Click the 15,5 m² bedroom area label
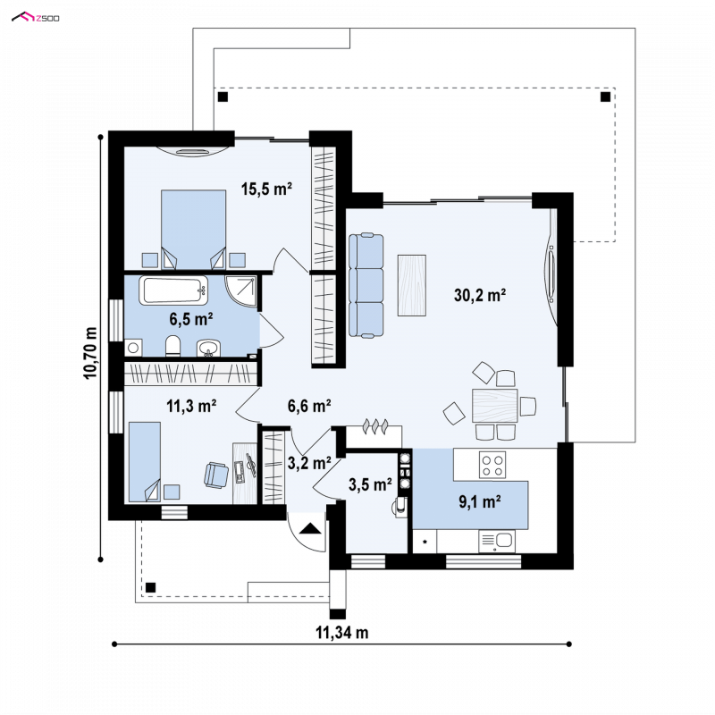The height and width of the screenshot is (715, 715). [266, 189]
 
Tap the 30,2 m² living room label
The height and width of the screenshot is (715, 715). [480, 295]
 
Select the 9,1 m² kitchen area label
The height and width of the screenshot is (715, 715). [480, 501]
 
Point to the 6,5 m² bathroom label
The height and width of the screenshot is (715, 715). [191, 319]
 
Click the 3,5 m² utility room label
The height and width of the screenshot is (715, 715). [370, 484]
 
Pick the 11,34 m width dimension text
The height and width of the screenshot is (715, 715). [342, 633]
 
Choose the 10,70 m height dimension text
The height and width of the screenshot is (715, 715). [90, 352]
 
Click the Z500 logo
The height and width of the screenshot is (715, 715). [36, 18]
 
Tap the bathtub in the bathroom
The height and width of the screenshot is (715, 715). [173, 290]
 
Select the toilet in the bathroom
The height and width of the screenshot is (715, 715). [172, 346]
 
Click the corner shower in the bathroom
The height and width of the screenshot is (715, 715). [240, 292]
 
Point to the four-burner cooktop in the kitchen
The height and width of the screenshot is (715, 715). [492, 465]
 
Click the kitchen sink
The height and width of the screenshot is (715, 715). [497, 541]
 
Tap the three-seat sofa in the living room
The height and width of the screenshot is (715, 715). [366, 285]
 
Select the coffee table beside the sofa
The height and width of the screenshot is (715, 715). [412, 285]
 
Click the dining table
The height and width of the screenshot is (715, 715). [495, 406]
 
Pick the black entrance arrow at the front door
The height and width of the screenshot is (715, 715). [311, 528]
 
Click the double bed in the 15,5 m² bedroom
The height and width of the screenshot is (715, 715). [194, 229]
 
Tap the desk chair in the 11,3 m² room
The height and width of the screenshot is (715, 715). [216, 475]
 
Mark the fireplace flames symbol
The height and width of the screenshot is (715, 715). [375, 425]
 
